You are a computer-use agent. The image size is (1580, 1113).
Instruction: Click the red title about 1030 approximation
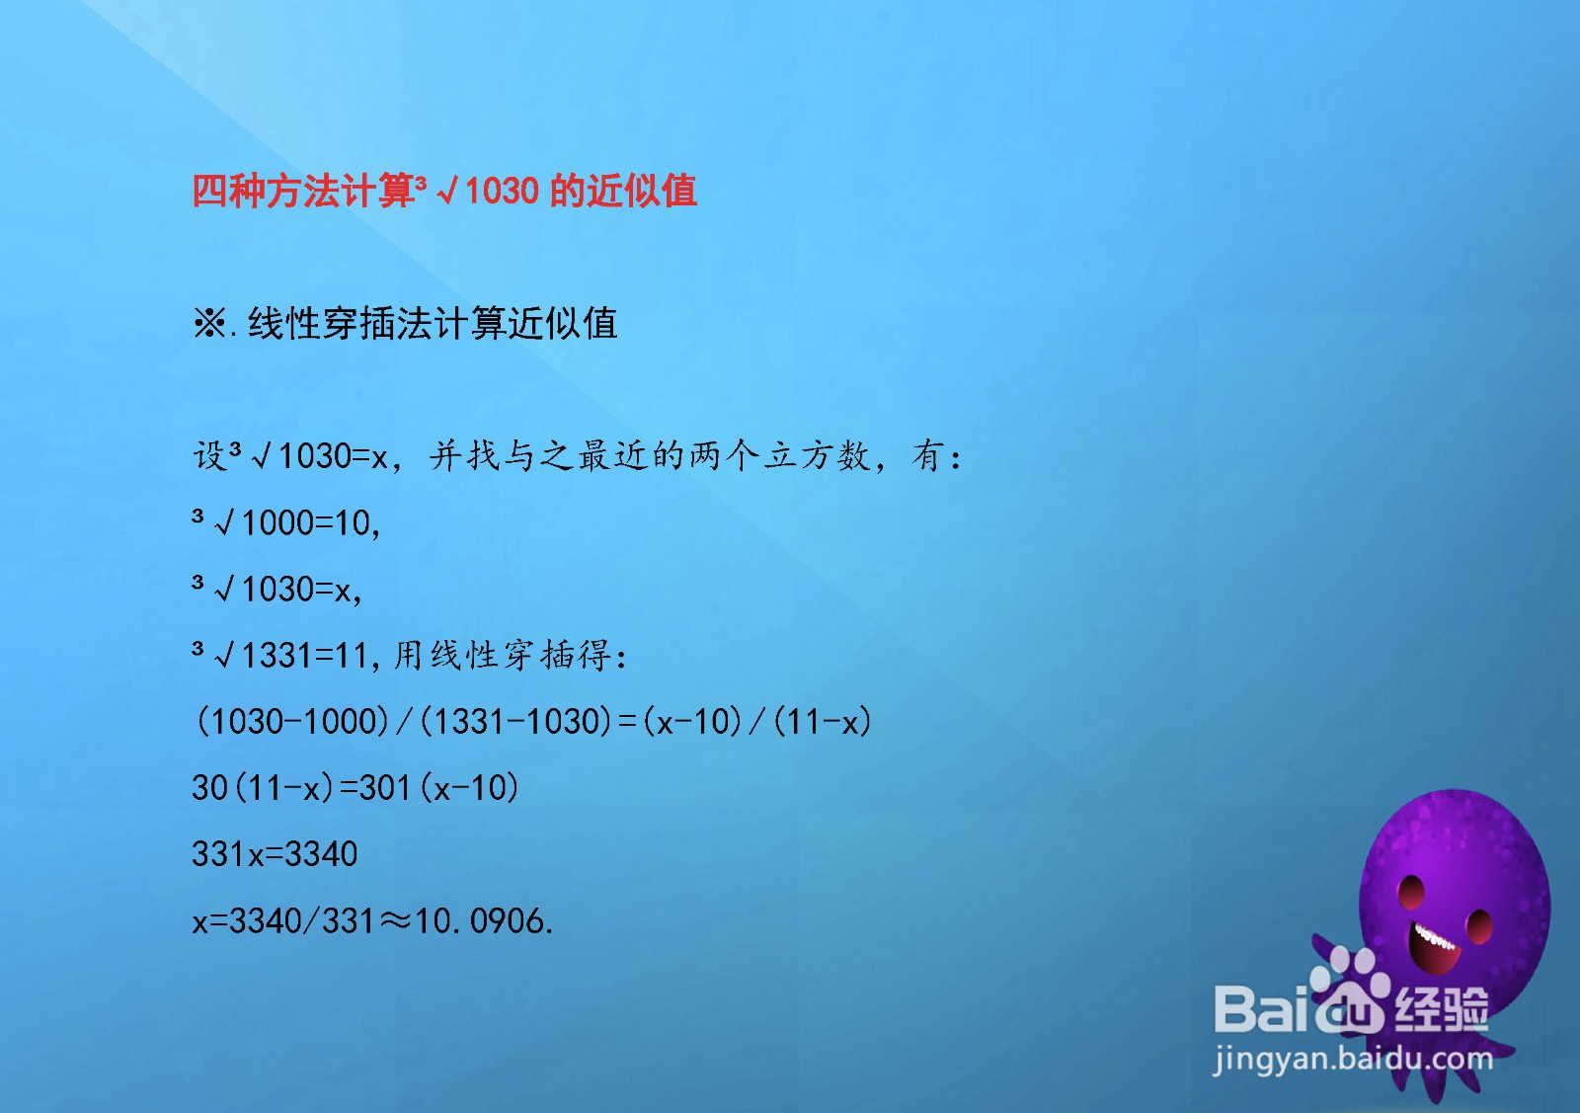pos(444,191)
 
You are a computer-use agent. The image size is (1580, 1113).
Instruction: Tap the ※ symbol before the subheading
pos(208,324)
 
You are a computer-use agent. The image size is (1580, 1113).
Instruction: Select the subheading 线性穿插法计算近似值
pos(434,324)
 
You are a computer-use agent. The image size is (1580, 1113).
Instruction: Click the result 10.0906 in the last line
pos(484,921)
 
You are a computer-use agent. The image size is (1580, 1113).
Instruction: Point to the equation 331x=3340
pos(275,854)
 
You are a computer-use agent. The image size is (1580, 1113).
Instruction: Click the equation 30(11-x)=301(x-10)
pos(355,788)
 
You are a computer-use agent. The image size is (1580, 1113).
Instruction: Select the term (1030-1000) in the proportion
pos(292,722)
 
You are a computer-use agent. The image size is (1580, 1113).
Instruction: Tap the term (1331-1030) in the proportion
pos(514,722)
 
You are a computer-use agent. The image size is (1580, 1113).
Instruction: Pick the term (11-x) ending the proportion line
pos(823,722)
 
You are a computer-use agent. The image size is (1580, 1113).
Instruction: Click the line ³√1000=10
pos(286,522)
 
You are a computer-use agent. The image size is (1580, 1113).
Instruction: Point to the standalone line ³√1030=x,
pos(277,589)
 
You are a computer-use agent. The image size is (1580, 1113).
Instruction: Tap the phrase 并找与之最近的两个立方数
pos(649,455)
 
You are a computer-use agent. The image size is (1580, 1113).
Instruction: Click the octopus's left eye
pos(1411,892)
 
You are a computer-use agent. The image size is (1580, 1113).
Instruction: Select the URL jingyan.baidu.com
pos(1353,1060)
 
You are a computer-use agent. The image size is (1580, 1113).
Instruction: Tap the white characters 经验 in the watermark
pos(1442,1008)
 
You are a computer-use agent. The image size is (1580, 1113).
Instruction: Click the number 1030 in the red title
pos(503,191)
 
